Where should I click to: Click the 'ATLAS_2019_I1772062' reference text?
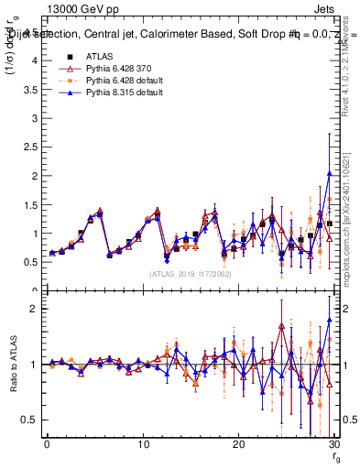(191, 273)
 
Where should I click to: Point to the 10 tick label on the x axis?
(142, 445)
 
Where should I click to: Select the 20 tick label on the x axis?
(238, 445)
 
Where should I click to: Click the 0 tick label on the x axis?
(47, 445)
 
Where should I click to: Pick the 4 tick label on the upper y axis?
(35, 60)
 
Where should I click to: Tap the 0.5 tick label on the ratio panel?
(31, 420)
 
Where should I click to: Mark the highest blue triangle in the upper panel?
(329, 173)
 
